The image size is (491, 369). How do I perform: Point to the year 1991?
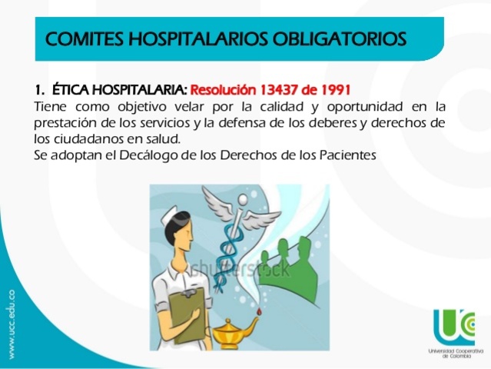coord(337,87)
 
